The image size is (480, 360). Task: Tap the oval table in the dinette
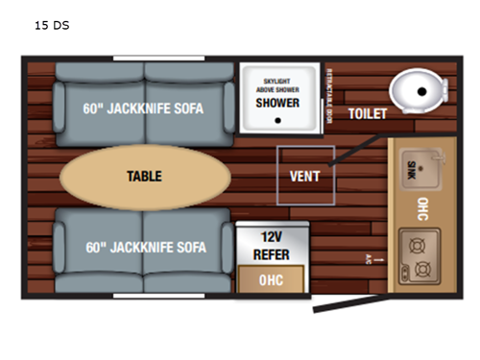point(145,177)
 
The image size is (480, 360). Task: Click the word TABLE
point(145,177)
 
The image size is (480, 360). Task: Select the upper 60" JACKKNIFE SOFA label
point(143,108)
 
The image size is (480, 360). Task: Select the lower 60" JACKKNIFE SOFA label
point(143,248)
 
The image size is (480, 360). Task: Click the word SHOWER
point(277,103)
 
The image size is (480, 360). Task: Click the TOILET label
point(368,113)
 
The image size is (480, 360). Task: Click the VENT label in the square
point(305,177)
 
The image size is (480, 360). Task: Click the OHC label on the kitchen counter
point(422,209)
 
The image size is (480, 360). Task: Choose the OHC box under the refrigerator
point(272,279)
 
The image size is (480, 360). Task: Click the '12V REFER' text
point(272,247)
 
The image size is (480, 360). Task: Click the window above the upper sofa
point(145,60)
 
